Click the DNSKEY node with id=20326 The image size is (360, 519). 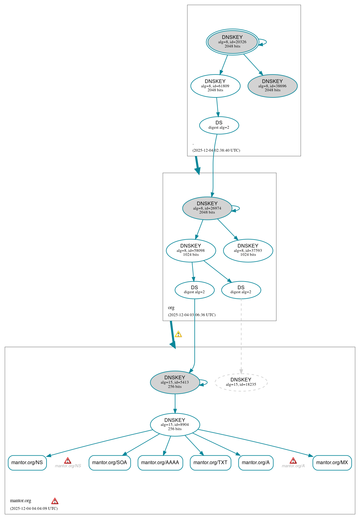point(232,42)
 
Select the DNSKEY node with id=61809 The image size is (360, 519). point(215,86)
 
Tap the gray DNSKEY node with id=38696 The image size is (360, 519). point(272,86)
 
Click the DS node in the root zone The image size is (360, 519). point(219,125)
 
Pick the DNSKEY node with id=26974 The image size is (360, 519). point(207,208)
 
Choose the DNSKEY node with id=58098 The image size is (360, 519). point(191,250)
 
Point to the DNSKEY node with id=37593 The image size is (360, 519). point(248,250)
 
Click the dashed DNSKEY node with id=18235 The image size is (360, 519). point(241,382)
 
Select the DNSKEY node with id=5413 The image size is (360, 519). point(175,382)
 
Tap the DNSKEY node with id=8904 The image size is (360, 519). point(175,424)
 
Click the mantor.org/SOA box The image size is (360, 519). point(110,462)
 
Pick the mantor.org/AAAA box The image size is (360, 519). point(160,462)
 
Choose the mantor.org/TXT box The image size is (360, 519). point(210,462)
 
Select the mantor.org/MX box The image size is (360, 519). point(332,462)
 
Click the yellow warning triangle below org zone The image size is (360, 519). point(178,334)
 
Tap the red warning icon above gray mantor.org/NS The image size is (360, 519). point(68,460)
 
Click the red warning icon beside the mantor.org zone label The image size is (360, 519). point(55,501)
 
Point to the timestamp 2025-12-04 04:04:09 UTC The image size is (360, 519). point(34,508)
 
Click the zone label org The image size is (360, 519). point(171,308)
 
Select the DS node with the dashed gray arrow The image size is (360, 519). point(241,290)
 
